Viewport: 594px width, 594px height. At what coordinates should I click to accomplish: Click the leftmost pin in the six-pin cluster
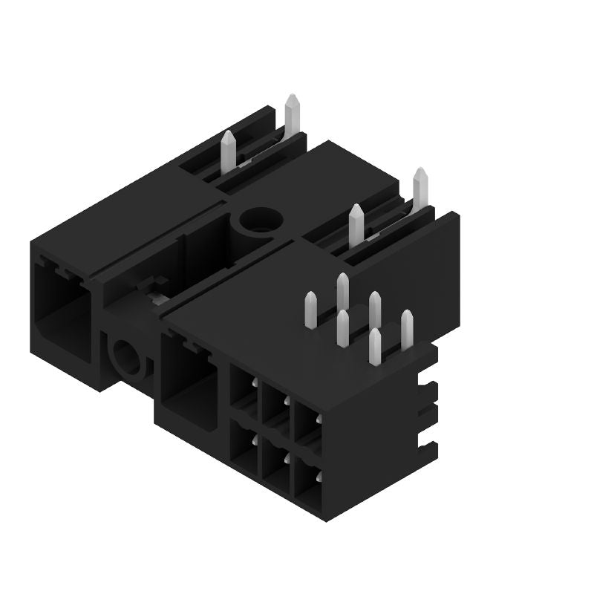pyautogui.click(x=310, y=310)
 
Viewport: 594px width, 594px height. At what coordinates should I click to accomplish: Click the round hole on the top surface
pyautogui.click(x=259, y=221)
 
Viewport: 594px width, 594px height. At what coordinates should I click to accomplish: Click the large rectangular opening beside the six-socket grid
pyautogui.click(x=189, y=379)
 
